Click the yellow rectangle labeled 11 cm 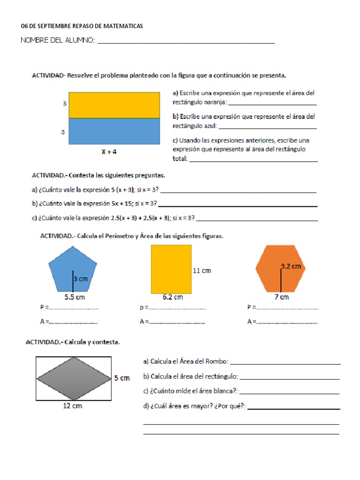coord(171,269)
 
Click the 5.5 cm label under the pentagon coord(74,297)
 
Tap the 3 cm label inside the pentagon coord(81,279)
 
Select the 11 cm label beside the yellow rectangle coord(202,270)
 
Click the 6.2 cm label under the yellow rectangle coord(172,297)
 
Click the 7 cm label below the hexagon coord(281,297)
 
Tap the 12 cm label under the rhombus coord(73,406)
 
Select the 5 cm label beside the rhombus coord(121,378)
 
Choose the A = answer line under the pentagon coord(74,322)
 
